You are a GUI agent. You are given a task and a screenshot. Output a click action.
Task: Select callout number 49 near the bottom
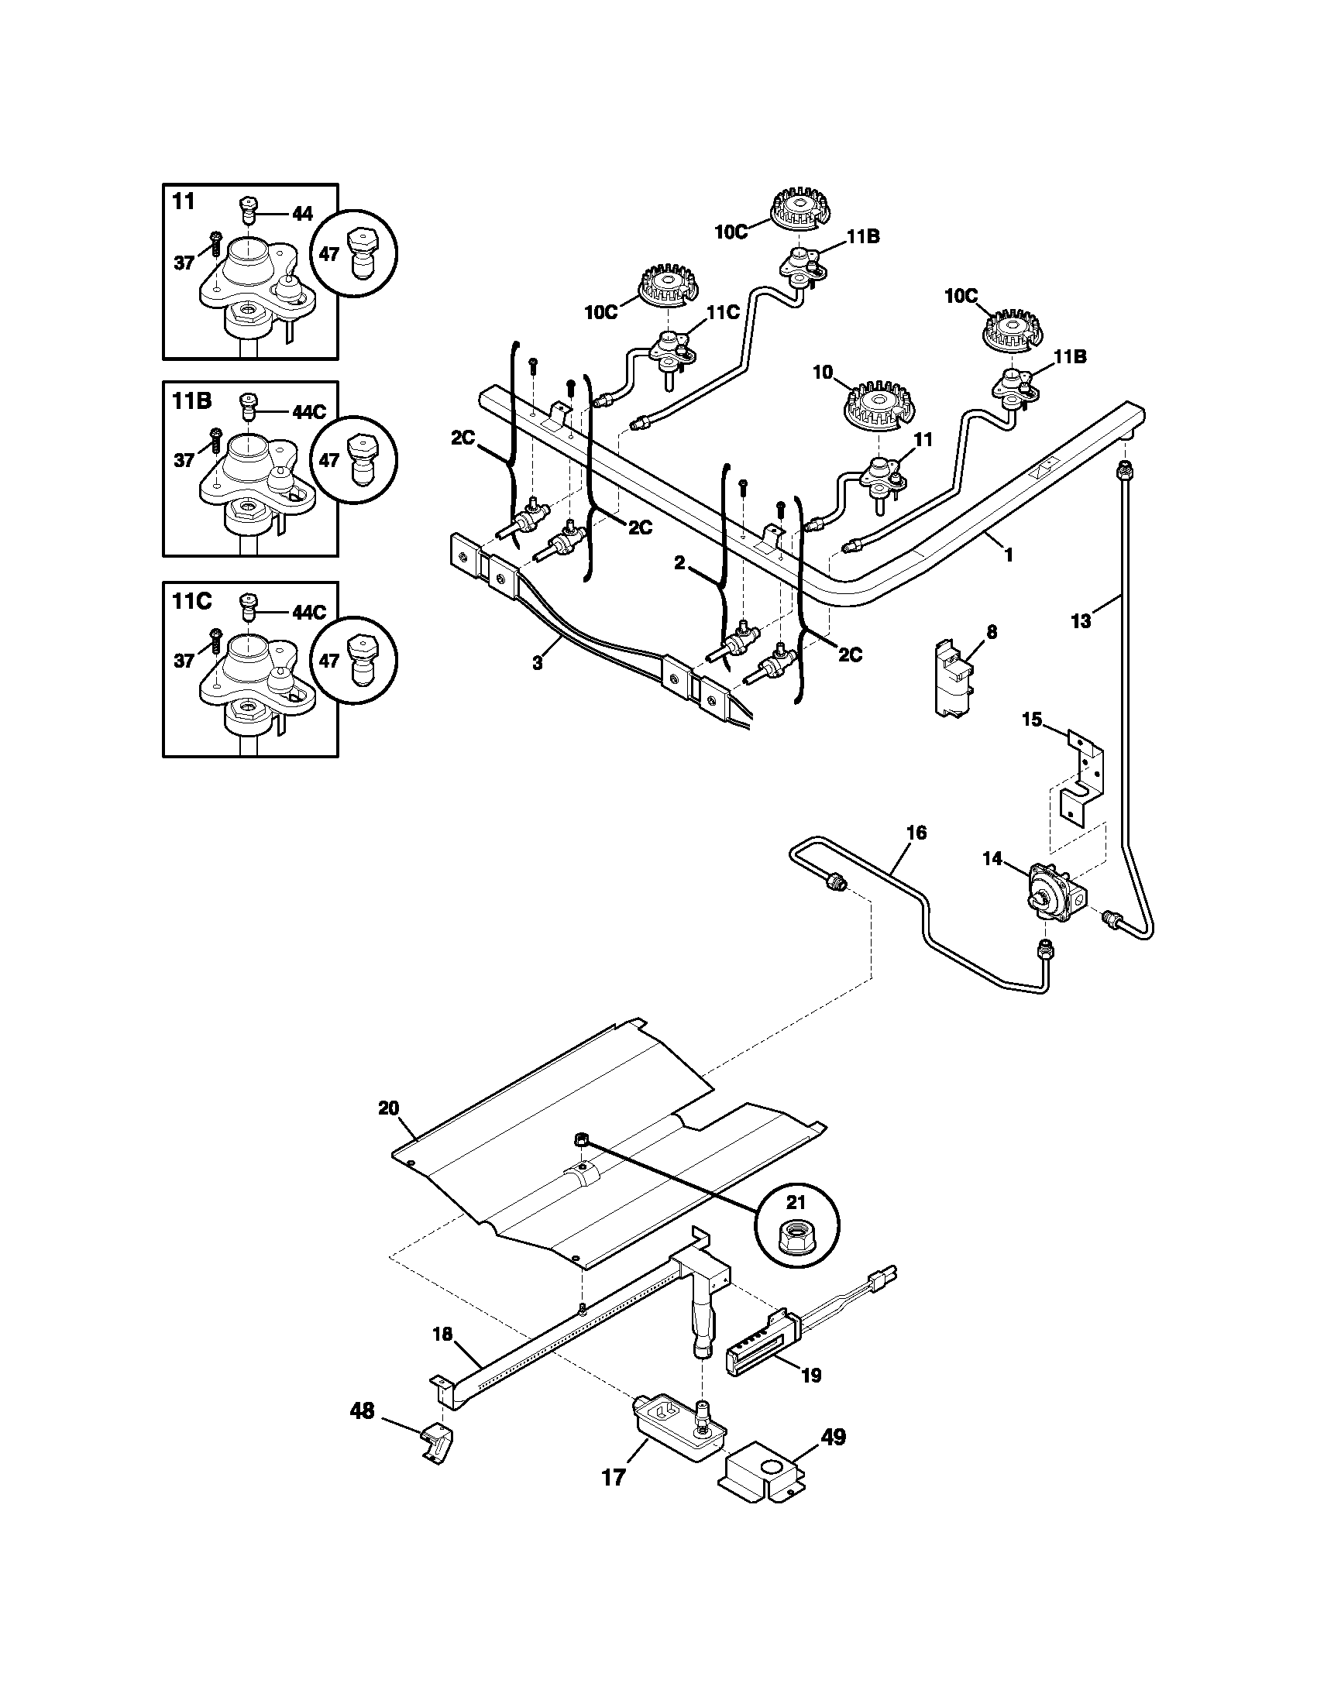[834, 1437]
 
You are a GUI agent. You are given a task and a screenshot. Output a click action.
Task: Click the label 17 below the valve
[614, 1477]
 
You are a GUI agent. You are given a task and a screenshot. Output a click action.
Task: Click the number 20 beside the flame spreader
[389, 1108]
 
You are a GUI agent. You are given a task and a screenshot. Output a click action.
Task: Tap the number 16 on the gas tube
[916, 833]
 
